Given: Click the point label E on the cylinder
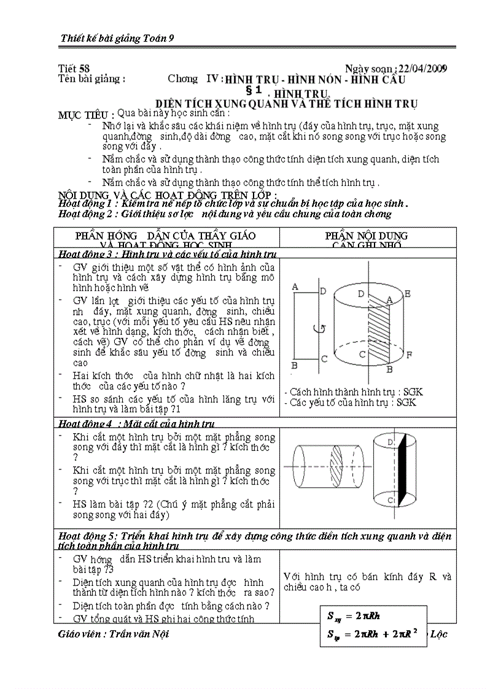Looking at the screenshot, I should point(407,294).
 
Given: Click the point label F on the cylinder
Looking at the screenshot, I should point(410,355).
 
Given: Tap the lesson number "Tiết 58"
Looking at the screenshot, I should point(74,69).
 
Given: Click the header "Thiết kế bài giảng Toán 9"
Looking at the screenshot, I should point(118,38).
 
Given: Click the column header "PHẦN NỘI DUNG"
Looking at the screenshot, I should point(366,236).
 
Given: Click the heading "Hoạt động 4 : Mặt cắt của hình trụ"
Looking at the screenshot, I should point(136,423).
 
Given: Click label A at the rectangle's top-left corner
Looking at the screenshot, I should point(295,287).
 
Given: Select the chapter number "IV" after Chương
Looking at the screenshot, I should point(213,79).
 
